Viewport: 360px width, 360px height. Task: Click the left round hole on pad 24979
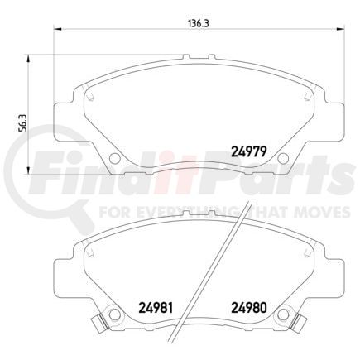(x=112, y=158)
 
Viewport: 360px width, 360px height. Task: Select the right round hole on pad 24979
(x=283, y=158)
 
